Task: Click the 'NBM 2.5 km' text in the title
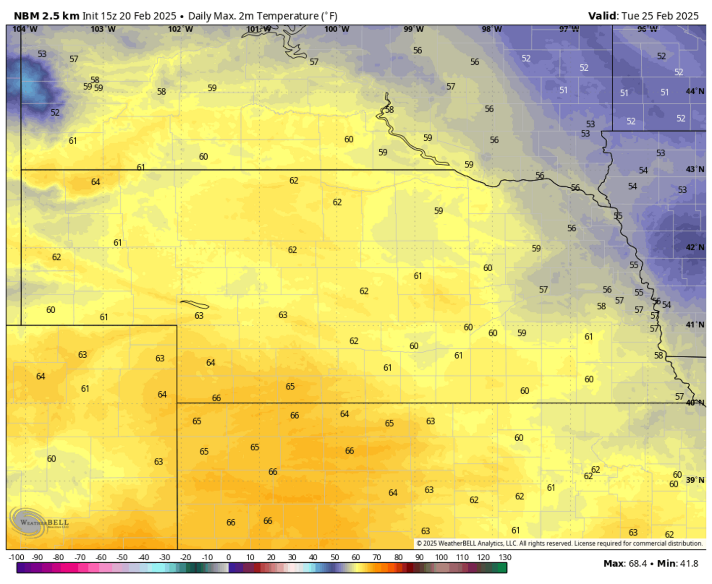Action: (46, 16)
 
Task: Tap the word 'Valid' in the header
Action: (602, 16)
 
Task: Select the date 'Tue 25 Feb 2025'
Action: (660, 16)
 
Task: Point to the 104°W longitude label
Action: (25, 29)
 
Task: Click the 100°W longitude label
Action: (337, 29)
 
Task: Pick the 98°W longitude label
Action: (491, 29)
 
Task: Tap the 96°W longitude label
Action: (647, 29)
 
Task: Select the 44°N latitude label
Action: (695, 91)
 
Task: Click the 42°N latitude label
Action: (695, 247)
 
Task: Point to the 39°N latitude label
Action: (695, 480)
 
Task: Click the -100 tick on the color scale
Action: (16, 557)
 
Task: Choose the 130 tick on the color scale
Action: (505, 557)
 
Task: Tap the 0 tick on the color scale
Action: (228, 557)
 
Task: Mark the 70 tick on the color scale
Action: (377, 557)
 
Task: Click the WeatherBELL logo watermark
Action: (40, 522)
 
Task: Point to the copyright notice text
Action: (559, 543)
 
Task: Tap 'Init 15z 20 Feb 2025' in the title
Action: (129, 16)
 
